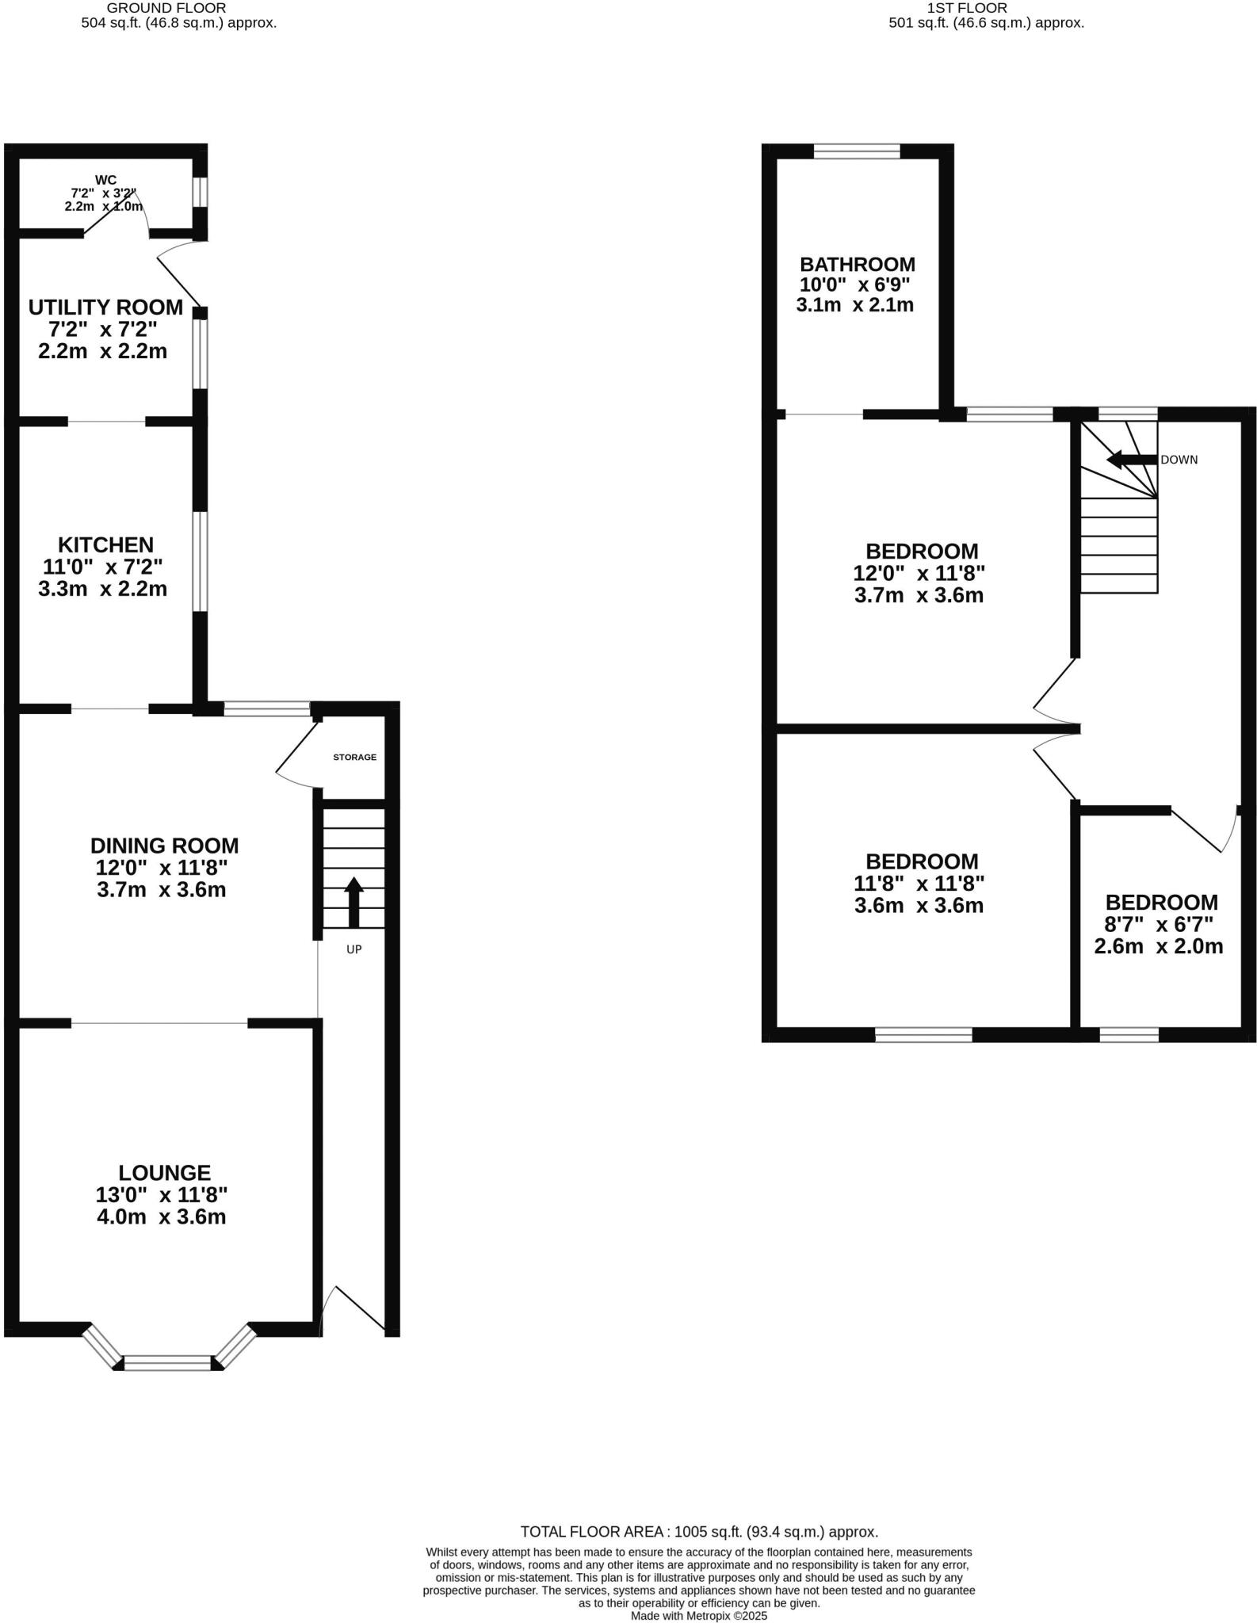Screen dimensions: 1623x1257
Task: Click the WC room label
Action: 105,180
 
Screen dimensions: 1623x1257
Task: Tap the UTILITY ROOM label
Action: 105,307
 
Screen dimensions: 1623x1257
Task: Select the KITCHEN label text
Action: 105,545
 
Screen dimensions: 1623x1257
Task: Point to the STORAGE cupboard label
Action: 354,757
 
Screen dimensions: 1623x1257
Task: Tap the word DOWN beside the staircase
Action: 1179,460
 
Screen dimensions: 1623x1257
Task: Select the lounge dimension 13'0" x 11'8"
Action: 162,1195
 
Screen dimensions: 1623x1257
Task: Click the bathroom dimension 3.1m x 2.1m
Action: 855,305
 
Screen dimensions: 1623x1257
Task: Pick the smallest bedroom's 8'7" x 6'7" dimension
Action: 1159,924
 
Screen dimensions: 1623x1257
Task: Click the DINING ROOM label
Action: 164,846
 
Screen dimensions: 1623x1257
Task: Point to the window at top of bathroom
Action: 857,151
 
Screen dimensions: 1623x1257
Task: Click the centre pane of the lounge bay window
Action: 168,1362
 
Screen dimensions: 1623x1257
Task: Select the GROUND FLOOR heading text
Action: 166,8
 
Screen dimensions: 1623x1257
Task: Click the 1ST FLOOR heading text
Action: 966,8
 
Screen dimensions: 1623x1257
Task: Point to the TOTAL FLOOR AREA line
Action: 698,1532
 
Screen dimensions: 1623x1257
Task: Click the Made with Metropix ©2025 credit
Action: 698,1616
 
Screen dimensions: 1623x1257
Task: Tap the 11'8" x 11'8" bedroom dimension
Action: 919,884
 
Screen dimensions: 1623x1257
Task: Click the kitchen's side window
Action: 201,562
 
